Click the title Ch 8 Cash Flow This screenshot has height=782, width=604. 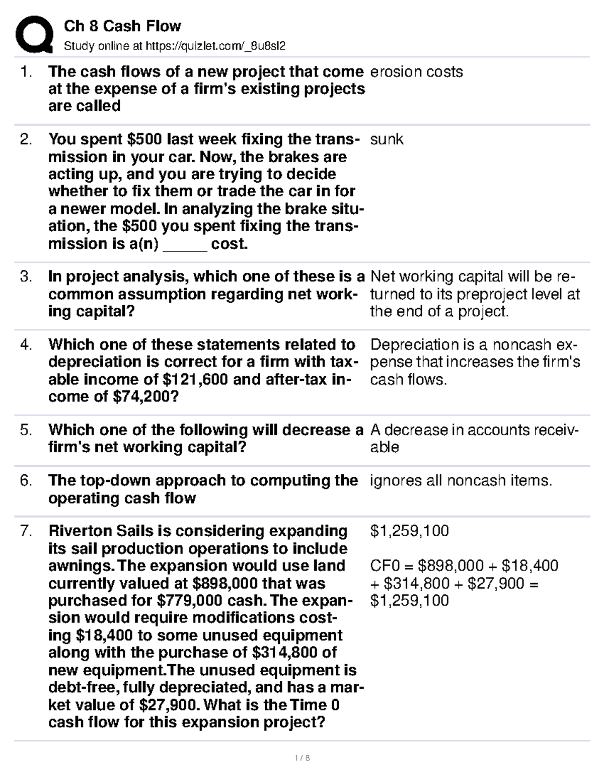(122, 26)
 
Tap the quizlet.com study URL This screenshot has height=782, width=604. (215, 46)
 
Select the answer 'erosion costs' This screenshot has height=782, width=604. (416, 72)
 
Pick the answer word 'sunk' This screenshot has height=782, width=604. (387, 139)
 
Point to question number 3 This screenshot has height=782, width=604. (26, 276)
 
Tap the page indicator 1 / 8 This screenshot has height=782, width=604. (302, 757)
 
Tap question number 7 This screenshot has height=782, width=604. (26, 531)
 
